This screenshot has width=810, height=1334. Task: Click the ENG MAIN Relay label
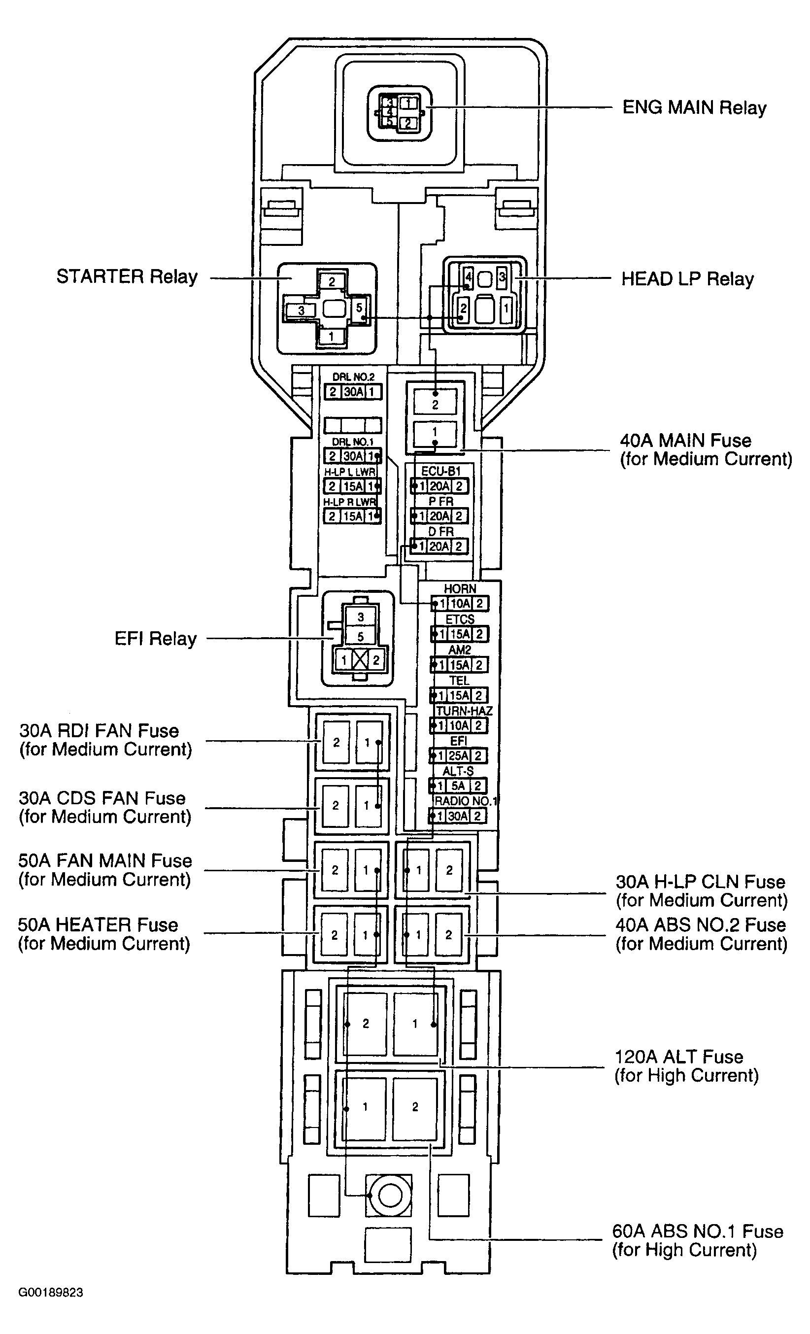pyautogui.click(x=694, y=108)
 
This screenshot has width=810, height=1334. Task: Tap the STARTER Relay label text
pyautogui.click(x=127, y=276)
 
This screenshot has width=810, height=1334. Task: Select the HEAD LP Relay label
pyautogui.click(x=688, y=279)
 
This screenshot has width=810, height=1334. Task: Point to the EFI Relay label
pyautogui.click(x=155, y=639)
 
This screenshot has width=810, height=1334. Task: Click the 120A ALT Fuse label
pyautogui.click(x=686, y=1066)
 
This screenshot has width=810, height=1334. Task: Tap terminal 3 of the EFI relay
pyautogui.click(x=361, y=616)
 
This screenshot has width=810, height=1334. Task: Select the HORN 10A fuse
pyautogui.click(x=460, y=604)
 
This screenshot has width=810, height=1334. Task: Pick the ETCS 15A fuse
pyautogui.click(x=460, y=634)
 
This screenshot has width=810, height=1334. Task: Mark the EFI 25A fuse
pyautogui.click(x=458, y=755)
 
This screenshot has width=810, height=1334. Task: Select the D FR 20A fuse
pyautogui.click(x=439, y=547)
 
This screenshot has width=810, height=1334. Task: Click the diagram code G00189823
pyautogui.click(x=51, y=1292)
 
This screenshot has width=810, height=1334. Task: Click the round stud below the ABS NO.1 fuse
pyautogui.click(x=389, y=1195)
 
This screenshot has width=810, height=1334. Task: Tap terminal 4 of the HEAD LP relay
pyautogui.click(x=469, y=279)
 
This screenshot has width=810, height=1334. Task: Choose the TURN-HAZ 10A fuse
pyautogui.click(x=459, y=725)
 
